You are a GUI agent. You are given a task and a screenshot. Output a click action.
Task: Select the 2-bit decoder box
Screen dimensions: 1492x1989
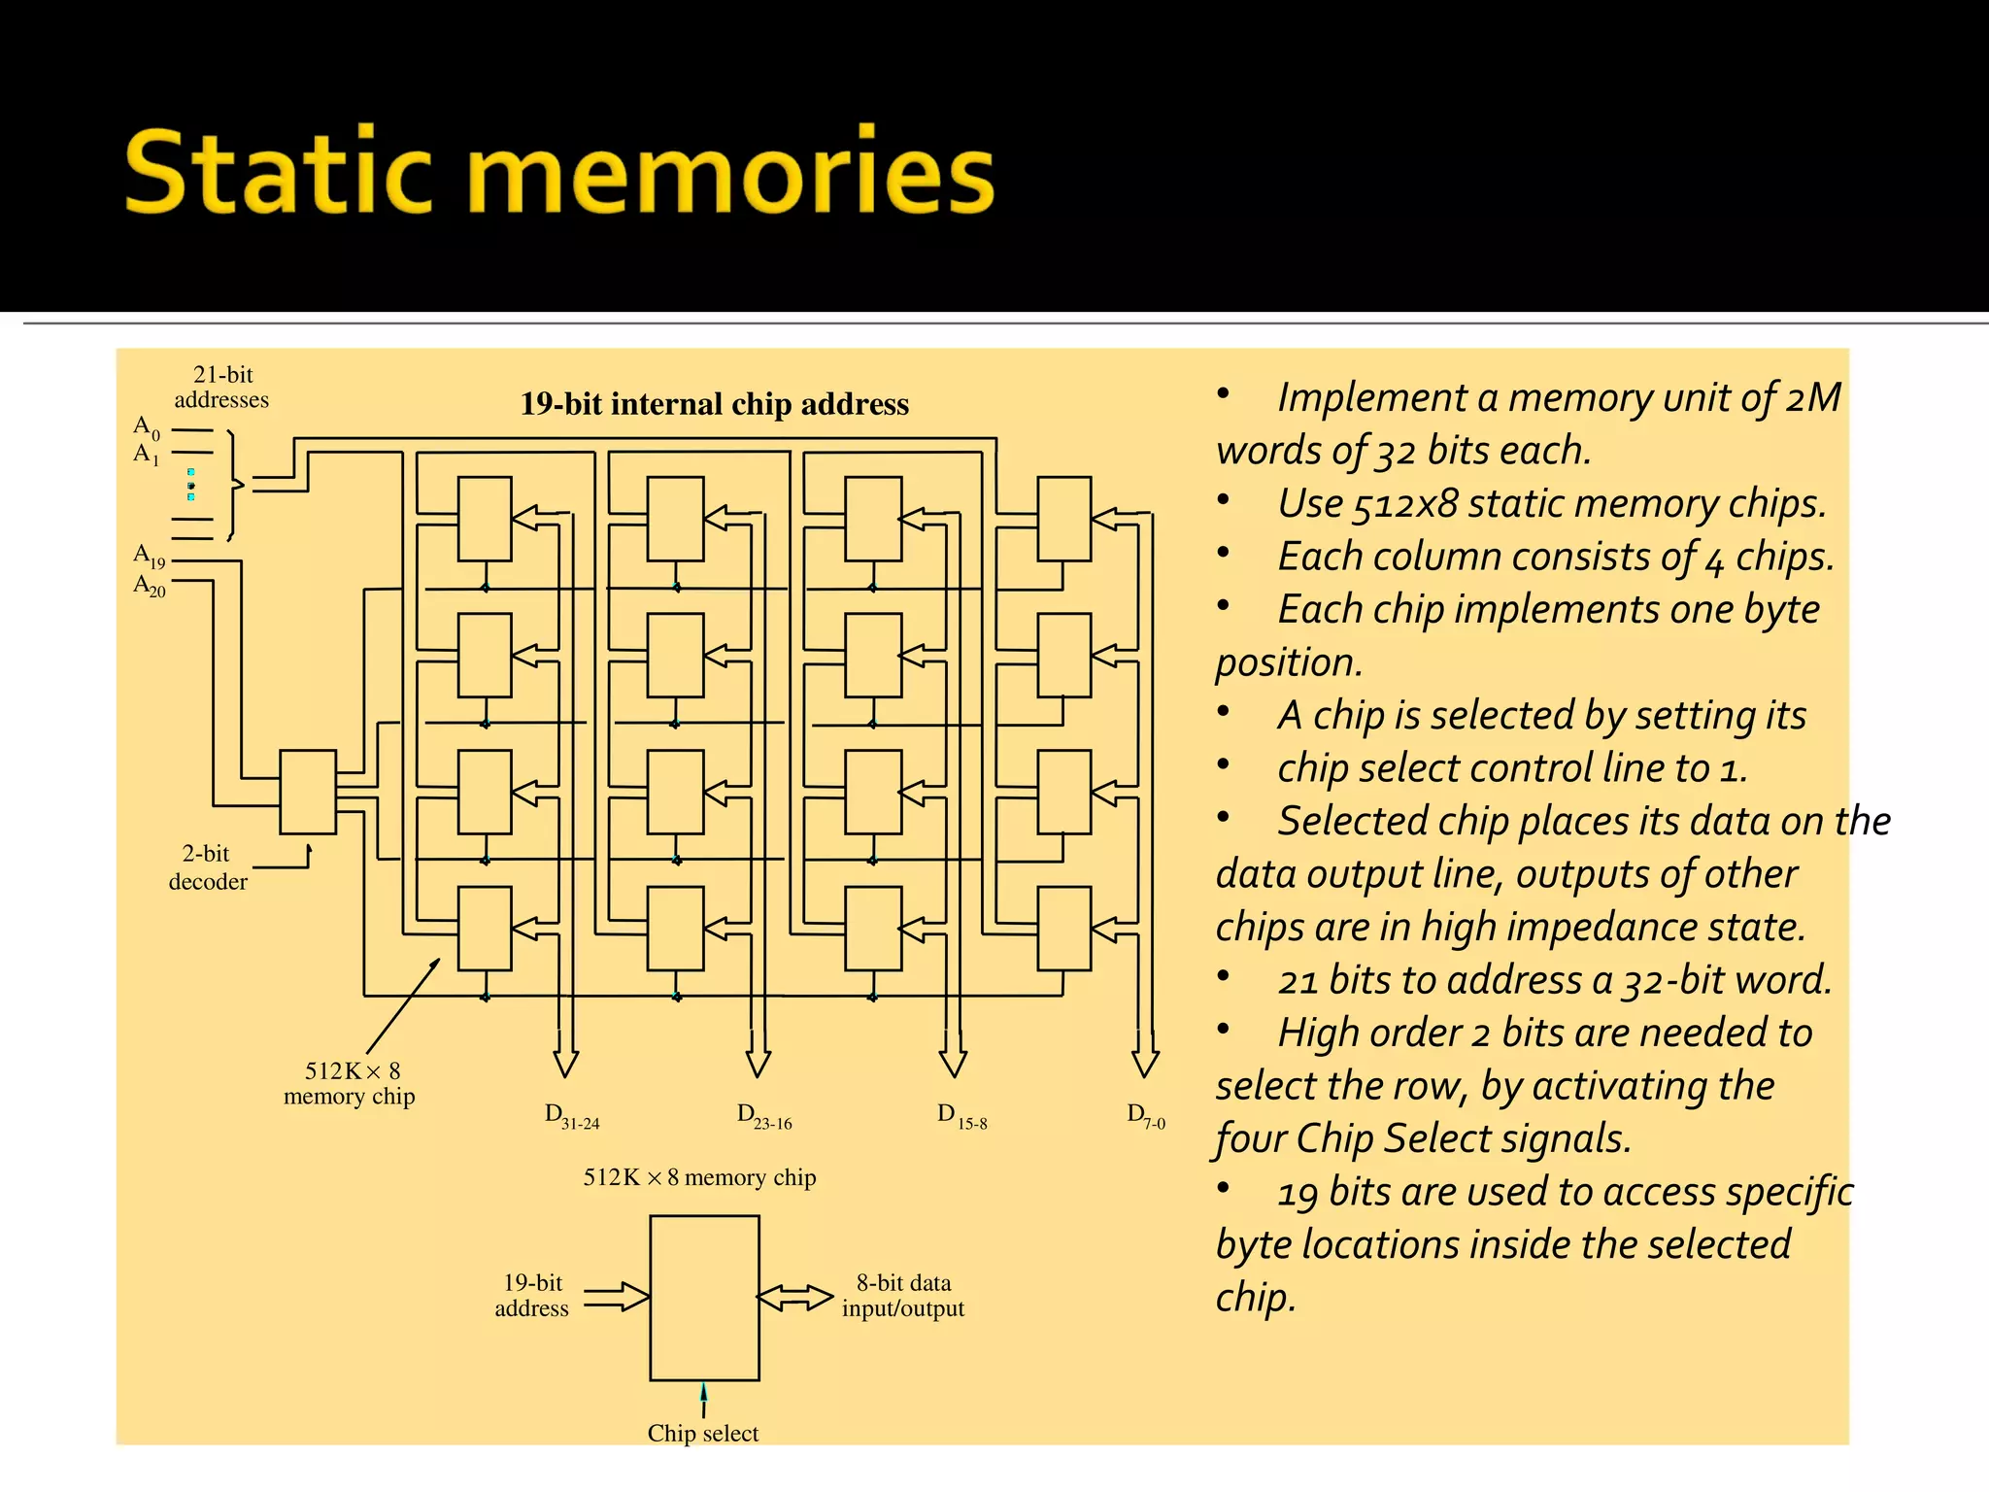pyautogui.click(x=308, y=792)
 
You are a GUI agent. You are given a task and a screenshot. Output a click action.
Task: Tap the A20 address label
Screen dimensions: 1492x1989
pyautogui.click(x=150, y=586)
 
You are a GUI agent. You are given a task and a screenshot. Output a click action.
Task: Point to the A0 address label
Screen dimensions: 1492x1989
pyautogui.click(x=147, y=427)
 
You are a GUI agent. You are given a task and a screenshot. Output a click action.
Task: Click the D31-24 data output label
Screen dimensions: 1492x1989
pyautogui.click(x=571, y=1116)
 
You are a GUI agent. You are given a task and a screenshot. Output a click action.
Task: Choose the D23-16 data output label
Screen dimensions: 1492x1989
pyautogui.click(x=763, y=1116)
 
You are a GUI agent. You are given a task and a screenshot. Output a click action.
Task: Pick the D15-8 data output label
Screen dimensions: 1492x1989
pyautogui.click(x=961, y=1116)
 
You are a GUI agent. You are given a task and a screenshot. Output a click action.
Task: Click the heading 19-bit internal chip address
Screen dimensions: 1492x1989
pyautogui.click(x=714, y=404)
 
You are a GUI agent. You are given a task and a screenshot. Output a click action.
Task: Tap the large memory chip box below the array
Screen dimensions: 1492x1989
pyautogui.click(x=704, y=1297)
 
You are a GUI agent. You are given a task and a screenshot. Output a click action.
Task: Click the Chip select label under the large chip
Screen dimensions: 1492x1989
pyautogui.click(x=703, y=1433)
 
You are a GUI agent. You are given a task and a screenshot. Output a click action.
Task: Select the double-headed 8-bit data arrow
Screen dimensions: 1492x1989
pyautogui.click(x=794, y=1298)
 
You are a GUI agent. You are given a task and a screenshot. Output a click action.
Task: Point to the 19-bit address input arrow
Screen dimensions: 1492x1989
pyautogui.click(x=617, y=1297)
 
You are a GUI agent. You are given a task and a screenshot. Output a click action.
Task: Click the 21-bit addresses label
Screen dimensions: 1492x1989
pyautogui.click(x=222, y=387)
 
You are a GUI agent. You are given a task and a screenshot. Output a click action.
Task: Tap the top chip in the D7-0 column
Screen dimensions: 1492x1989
pyautogui.click(x=1063, y=519)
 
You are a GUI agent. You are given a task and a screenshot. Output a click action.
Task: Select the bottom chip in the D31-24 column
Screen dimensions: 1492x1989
pyautogui.click(x=485, y=928)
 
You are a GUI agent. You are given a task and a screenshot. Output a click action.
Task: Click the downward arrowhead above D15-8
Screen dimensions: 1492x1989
pyautogui.click(x=953, y=1063)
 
